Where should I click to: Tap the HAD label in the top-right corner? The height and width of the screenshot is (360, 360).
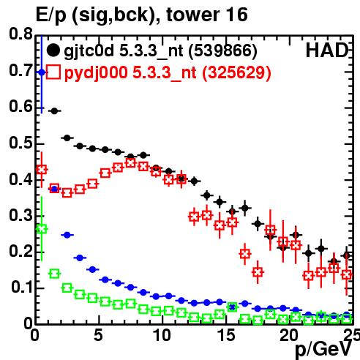327,50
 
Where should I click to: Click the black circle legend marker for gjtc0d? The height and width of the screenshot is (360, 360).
53,50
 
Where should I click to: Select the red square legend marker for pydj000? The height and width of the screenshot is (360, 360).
53,72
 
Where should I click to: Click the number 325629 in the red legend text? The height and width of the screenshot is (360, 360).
236,72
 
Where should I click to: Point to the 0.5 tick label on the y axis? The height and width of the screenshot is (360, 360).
20,143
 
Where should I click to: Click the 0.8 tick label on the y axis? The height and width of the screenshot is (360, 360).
20,34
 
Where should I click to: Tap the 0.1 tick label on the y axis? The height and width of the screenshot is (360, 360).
23,287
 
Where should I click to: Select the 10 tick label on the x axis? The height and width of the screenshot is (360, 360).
162,335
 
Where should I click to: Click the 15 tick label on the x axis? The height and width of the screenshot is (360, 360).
226,335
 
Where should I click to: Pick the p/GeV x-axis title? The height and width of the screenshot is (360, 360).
323,349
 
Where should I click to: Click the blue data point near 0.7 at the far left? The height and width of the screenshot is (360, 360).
42,72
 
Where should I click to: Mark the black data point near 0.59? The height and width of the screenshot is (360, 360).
54,111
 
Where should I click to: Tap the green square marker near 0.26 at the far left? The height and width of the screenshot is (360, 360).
42,229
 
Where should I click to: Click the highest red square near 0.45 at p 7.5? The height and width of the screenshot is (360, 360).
131,162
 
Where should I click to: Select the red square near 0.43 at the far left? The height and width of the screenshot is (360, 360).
42,169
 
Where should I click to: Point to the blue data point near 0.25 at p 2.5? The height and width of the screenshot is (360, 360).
67,235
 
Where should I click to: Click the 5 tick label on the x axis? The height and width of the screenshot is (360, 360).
98,335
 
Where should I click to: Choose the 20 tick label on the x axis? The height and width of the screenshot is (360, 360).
289,335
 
